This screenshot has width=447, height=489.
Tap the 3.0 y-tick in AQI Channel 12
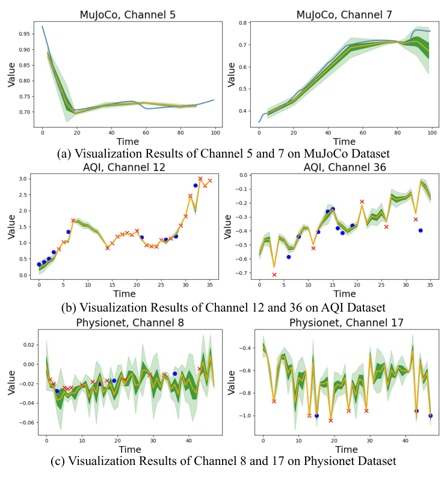25,179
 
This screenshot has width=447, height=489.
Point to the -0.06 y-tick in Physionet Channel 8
22,422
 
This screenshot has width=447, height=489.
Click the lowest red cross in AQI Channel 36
274,275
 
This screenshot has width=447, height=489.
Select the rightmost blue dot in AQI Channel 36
421,230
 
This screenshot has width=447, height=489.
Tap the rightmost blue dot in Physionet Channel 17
430,416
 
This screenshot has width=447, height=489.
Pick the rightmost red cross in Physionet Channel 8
199,369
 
